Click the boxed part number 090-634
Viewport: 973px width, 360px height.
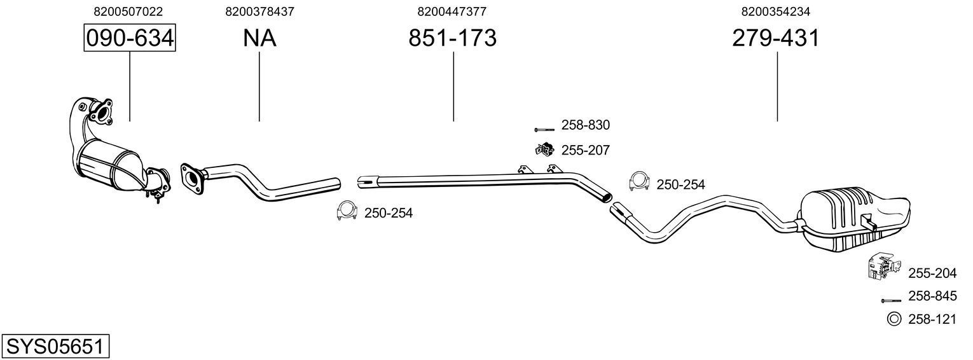[130, 38]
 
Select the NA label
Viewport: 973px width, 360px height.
[259, 38]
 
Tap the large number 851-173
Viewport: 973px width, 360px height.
[452, 38]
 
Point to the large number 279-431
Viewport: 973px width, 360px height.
[776, 38]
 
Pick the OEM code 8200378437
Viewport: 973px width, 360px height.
[259, 11]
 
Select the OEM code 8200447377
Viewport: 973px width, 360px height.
[452, 11]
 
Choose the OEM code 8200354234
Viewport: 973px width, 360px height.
[776, 11]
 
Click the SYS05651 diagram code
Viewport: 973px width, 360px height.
[55, 347]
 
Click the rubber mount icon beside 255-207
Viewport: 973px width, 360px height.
[544, 150]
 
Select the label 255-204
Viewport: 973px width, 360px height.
[932, 273]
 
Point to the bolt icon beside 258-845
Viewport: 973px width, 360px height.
[892, 300]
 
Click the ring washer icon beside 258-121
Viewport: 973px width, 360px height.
[892, 319]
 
